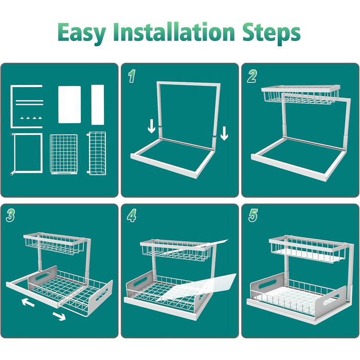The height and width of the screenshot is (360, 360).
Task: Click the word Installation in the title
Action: coord(174,32)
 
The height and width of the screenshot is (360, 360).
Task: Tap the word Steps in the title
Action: coord(271,33)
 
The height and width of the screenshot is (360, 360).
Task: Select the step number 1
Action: coord(132,76)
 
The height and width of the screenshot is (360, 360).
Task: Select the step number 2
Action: coord(252,77)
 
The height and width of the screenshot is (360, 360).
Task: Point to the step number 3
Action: coord(10,215)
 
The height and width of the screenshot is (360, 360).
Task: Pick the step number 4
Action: coord(132,215)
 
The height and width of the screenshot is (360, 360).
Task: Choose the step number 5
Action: coord(253,215)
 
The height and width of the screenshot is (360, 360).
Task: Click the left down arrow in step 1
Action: coord(152,127)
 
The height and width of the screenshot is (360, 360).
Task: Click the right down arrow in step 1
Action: coord(224,133)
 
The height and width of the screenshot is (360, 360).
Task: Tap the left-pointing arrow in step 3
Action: coord(28,302)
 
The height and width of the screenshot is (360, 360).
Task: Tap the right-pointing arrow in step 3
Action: coord(59,316)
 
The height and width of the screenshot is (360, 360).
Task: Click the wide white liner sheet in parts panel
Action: coord(69,104)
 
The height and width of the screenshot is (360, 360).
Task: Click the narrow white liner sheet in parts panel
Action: coord(98,105)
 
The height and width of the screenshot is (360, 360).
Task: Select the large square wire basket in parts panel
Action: coord(64,154)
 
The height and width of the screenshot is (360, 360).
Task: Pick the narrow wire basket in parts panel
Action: coord(97,153)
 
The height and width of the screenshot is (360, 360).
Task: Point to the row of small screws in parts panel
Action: coord(31,118)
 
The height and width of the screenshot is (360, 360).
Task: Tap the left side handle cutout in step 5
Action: coord(267,284)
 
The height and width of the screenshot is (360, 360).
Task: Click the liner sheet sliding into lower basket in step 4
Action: coord(197,287)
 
